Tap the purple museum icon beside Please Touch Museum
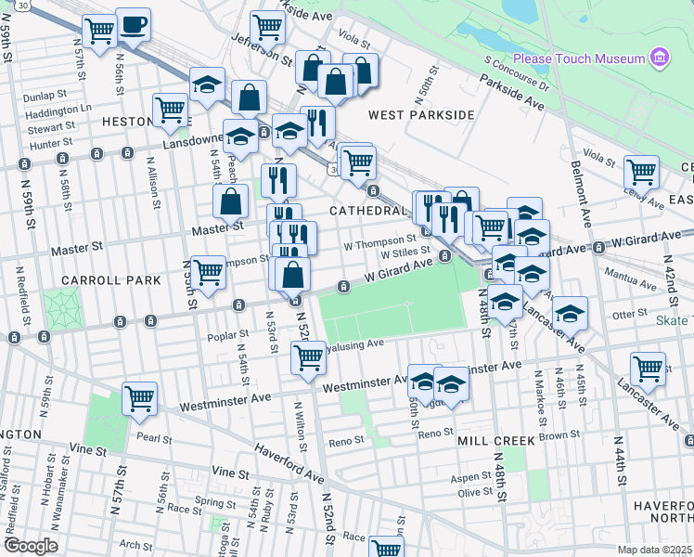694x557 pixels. (x=660, y=58)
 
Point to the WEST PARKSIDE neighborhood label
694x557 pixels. (x=421, y=115)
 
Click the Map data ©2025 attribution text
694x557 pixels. (x=654, y=550)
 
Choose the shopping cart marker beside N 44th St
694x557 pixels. (x=647, y=369)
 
